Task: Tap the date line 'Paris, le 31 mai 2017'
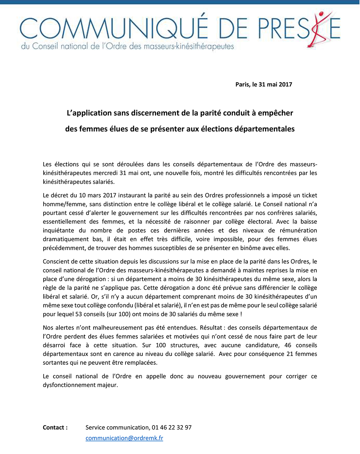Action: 264,84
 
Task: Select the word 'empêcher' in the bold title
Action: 275,113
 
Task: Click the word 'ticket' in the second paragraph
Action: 308,195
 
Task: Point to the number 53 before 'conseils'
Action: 78,314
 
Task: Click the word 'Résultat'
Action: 212,327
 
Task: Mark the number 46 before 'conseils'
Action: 288,345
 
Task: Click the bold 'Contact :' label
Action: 55,428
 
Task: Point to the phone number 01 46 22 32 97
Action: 172,428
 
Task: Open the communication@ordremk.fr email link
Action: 124,438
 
